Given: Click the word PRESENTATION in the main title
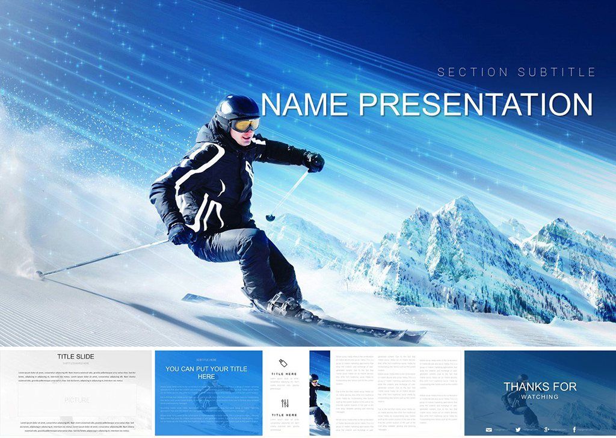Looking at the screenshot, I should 475,105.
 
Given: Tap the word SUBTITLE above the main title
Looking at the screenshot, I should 556,72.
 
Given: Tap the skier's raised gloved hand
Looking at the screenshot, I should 313,161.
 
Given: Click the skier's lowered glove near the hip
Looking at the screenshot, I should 180,233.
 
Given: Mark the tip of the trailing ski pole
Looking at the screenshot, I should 40,275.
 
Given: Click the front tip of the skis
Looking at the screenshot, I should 415,335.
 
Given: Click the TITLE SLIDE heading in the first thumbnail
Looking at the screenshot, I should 76,357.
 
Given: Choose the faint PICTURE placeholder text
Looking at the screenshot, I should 76,400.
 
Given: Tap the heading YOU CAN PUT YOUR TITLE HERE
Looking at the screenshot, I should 206,372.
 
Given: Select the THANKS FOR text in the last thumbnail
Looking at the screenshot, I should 540,387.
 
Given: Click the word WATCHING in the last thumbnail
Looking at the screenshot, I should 540,397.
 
